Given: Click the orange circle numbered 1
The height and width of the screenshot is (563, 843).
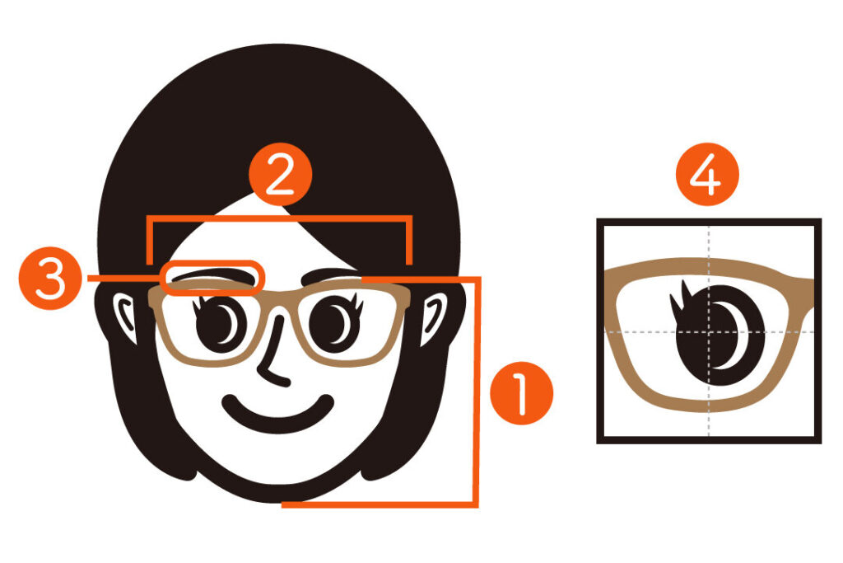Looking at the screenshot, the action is coord(521,393).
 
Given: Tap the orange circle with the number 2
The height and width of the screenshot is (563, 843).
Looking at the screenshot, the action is coord(280,174).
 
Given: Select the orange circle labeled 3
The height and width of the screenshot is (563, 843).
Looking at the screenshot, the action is coord(50,279).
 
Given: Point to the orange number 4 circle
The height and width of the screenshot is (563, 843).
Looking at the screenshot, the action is coord(707,174).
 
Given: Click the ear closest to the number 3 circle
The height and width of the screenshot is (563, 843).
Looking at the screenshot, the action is coord(125,317).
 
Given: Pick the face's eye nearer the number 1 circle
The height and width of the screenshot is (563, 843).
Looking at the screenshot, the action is coord(336,323).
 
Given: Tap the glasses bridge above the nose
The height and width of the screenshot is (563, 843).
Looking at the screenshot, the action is coord(278,295).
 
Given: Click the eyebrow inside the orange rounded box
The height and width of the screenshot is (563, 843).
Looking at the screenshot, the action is coord(212,275).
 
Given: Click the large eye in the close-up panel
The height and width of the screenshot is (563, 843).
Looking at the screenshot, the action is coord(718,335).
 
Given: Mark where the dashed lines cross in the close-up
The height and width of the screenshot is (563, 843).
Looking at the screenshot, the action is coord(709,332).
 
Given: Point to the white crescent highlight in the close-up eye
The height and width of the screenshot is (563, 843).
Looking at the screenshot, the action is coord(731,336).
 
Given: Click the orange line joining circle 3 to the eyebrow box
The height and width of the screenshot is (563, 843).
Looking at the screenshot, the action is coord(123,279).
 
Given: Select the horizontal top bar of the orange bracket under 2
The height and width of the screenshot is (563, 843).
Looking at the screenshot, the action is coord(280,218).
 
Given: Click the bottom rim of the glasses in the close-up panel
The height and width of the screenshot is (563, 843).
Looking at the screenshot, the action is coord(709,406).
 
